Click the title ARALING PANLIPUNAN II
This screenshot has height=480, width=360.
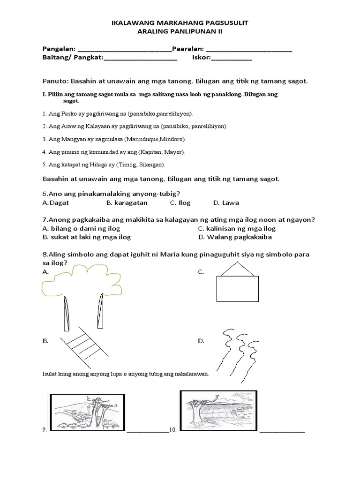[x=180, y=32]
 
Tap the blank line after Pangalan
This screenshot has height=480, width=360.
[x=124, y=50]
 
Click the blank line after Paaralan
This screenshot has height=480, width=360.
[x=249, y=50]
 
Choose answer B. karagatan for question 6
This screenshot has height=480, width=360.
[x=127, y=202]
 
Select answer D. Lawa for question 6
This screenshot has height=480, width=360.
[x=226, y=202]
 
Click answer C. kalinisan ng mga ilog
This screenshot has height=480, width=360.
[x=237, y=228]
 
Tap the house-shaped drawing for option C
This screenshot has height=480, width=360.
[x=237, y=283]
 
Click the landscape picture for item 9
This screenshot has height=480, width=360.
[x=88, y=412]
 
